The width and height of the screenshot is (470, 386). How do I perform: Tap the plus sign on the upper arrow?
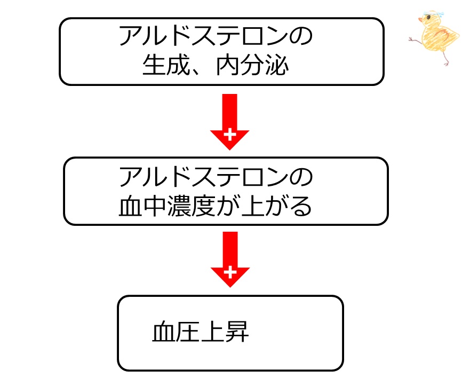click(229, 134)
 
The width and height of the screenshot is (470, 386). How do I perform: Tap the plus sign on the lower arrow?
click(230, 273)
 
